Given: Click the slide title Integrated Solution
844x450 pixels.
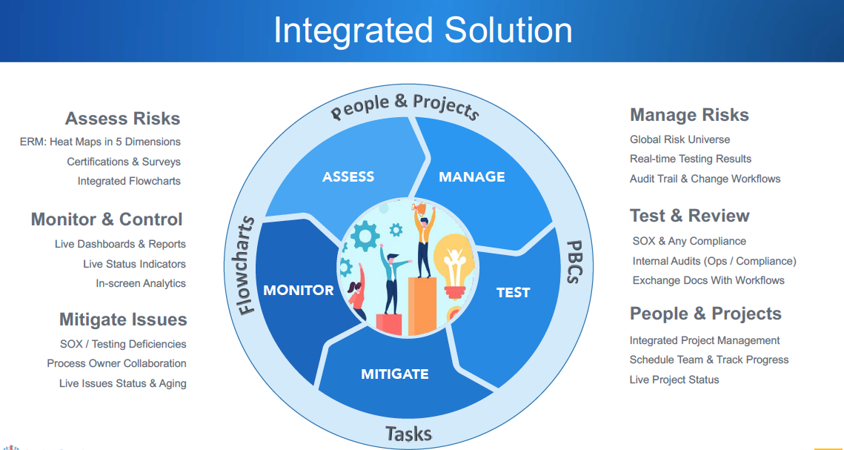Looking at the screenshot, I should click(422, 31).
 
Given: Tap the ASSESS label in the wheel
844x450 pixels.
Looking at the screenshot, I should click(348, 176).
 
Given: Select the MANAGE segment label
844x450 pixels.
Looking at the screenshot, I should click(471, 176).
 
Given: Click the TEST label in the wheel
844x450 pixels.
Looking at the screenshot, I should click(513, 292).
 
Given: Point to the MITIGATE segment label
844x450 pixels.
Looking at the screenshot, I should click(394, 374).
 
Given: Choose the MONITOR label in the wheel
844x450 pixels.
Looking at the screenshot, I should click(299, 290).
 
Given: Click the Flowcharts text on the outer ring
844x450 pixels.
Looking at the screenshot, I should click(247, 265).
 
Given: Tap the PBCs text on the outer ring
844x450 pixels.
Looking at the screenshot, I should click(574, 262).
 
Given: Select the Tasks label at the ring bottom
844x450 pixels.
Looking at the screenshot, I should click(408, 433).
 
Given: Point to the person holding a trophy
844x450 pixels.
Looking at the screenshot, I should click(423, 237).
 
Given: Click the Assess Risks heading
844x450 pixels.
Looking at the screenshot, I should click(122, 119).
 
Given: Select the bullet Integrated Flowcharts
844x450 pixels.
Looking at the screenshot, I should click(129, 181).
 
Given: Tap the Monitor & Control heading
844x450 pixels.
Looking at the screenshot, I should click(107, 219).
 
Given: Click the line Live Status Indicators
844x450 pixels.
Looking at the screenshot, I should click(134, 264).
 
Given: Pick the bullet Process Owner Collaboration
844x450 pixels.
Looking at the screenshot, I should click(116, 363).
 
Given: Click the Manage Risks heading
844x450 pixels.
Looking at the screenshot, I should click(689, 115).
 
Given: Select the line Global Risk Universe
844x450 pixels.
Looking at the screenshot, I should click(679, 139).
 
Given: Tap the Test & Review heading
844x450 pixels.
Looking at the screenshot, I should click(689, 216).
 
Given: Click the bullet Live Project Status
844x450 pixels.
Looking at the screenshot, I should click(674, 380).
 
